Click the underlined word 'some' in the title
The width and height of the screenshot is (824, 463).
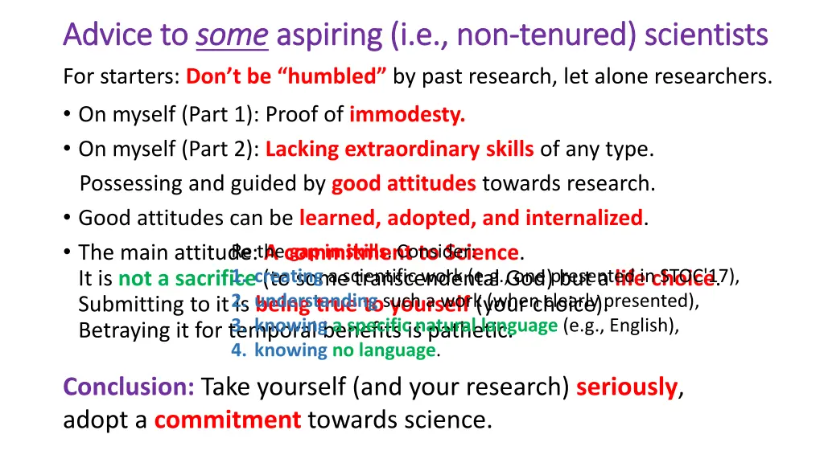pyautogui.click(x=233, y=35)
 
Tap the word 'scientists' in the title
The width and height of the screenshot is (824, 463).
pyautogui.click(x=707, y=35)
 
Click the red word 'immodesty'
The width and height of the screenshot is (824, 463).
pyautogui.click(x=407, y=115)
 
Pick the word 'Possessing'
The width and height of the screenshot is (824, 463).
pyautogui.click(x=131, y=184)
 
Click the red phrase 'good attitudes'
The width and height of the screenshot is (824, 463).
pyautogui.click(x=403, y=184)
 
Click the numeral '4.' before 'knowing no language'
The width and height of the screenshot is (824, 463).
pyautogui.click(x=238, y=350)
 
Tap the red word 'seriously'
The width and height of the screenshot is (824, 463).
pyautogui.click(x=627, y=387)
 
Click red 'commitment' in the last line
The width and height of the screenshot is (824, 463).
pyautogui.click(x=228, y=420)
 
